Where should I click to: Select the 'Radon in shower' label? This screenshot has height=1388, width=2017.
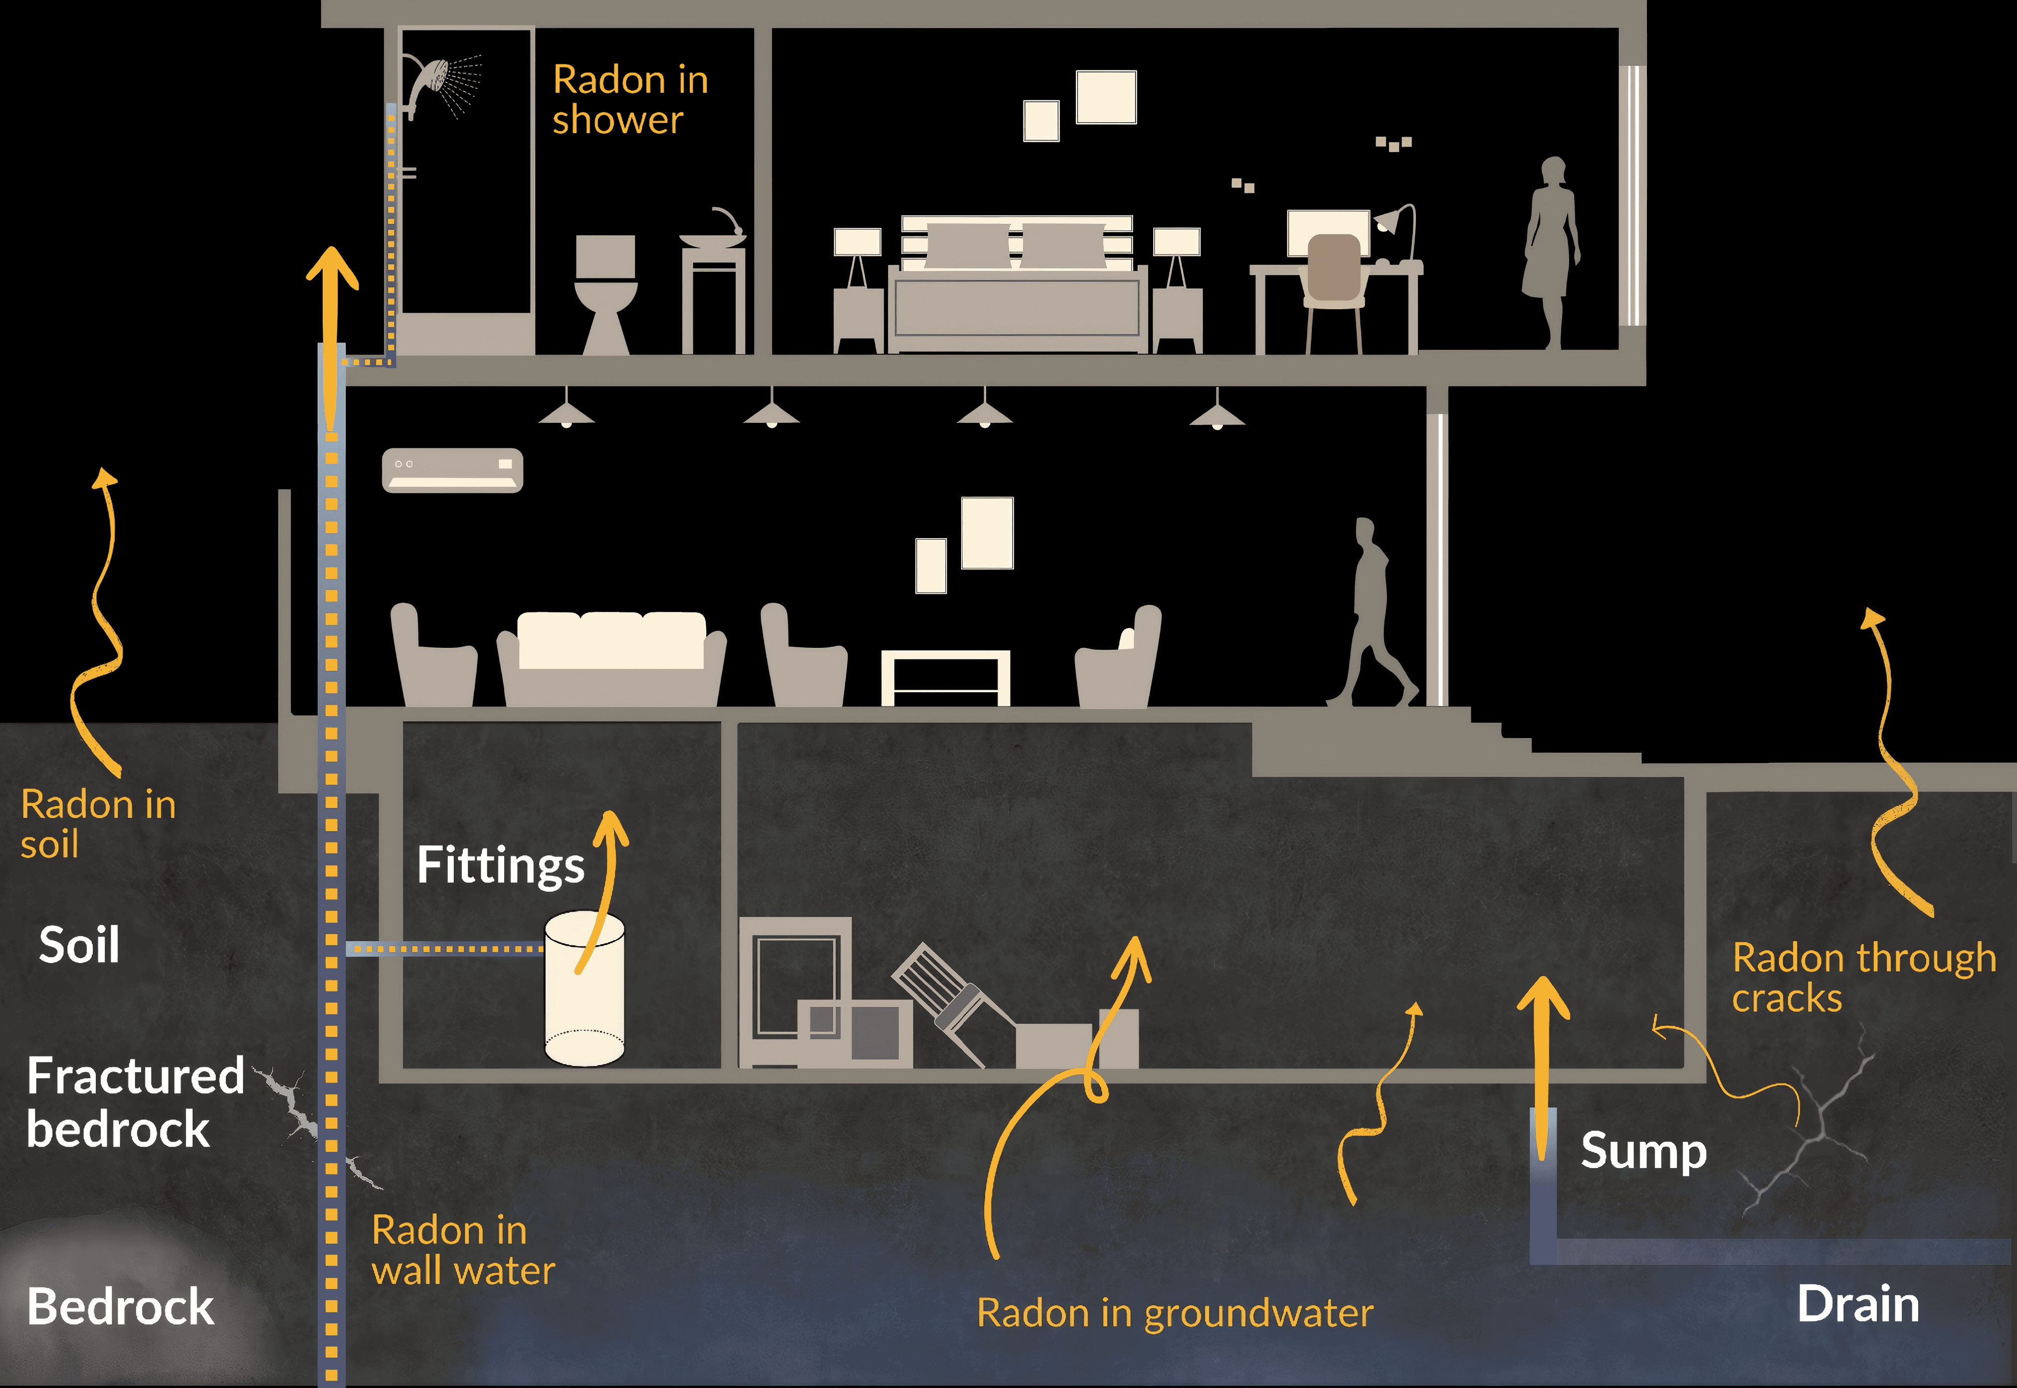point(630,99)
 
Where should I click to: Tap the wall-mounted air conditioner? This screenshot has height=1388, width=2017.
point(452,470)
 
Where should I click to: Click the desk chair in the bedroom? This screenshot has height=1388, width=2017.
point(1333,278)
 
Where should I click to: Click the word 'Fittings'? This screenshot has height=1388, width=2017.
point(500,865)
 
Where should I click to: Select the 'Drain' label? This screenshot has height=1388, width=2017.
point(1858,1305)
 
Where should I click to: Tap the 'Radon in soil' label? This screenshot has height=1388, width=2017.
point(97,823)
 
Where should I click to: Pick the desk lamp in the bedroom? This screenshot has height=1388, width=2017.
point(1396,230)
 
